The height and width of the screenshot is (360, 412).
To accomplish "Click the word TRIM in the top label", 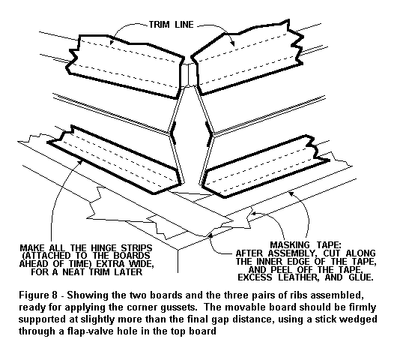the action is tap(160, 25).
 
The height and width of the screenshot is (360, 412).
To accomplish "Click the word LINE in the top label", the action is tap(184, 25).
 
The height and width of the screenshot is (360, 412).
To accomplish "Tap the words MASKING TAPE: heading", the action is tap(306, 245).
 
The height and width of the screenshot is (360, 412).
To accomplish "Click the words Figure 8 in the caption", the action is tap(38, 295).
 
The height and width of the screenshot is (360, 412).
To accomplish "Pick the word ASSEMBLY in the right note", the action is tap(291, 253).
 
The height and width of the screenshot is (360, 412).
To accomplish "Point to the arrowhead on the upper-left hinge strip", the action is tap(112, 42).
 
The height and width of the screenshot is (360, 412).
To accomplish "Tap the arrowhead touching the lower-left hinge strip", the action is tap(80, 161).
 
